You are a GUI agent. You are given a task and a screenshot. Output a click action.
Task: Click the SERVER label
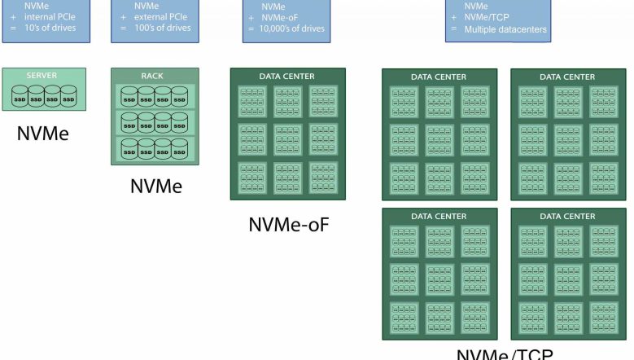point(42,76)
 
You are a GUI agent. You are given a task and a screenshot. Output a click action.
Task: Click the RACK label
point(152,76)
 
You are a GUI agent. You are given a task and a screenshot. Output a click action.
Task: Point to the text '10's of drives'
point(51,29)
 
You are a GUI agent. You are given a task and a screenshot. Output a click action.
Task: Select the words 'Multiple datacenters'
point(505,30)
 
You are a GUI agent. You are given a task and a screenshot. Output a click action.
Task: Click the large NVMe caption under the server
point(42,133)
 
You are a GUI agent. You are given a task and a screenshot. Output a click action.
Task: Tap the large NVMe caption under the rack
point(156,187)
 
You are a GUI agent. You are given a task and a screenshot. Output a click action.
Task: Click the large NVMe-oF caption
point(288,224)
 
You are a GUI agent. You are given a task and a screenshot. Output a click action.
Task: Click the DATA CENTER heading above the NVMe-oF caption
point(287,77)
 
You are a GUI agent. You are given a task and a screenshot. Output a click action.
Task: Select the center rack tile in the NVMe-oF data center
point(288,138)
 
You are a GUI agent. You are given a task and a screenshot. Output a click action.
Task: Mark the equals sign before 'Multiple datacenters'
point(453,30)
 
